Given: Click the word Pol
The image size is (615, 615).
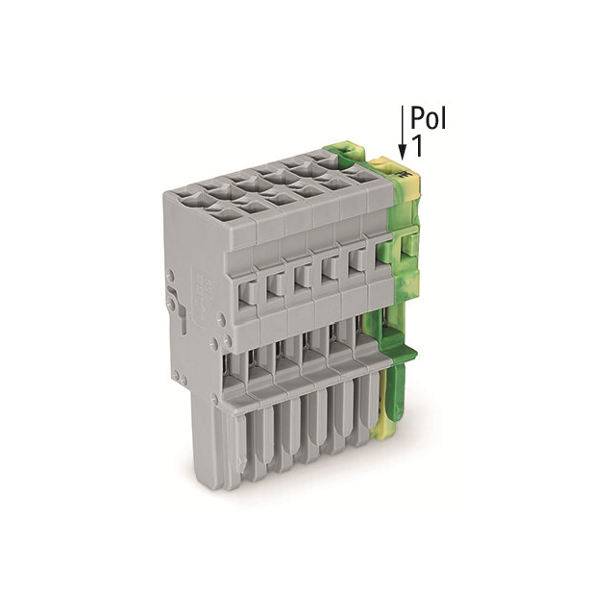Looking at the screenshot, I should pyautogui.click(x=429, y=118).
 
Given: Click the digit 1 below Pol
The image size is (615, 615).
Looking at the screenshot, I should pyautogui.click(x=417, y=146).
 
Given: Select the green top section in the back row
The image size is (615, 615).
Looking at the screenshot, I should pyautogui.click(x=342, y=150).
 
